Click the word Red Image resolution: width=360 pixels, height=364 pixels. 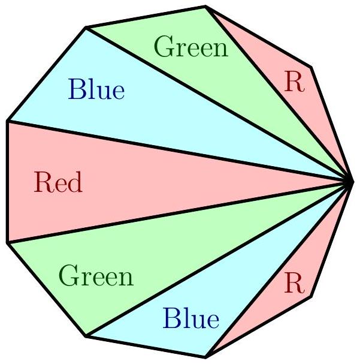(x=58, y=182)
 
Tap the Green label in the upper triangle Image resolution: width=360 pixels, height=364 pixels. (x=191, y=47)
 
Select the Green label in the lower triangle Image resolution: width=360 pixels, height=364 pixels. (x=96, y=277)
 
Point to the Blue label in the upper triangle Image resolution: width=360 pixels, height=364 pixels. (x=96, y=91)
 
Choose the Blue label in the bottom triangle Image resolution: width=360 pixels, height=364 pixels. (x=190, y=318)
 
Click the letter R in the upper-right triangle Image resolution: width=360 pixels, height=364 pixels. (x=294, y=83)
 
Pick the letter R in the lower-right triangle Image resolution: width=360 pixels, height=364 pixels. (x=294, y=282)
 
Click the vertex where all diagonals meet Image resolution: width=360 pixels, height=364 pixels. (x=352, y=182)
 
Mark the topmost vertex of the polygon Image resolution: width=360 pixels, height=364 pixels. (x=206, y=7)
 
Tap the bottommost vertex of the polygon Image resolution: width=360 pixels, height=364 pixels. (x=206, y=357)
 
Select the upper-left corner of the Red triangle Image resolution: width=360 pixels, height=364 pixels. (x=8, y=121)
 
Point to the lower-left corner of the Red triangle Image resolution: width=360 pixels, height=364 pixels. (x=8, y=242)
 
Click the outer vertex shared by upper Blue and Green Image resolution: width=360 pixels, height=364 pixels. (x=87, y=27)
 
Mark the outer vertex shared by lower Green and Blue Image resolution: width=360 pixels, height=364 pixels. (x=87, y=336)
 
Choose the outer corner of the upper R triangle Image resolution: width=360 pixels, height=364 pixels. (x=310, y=67)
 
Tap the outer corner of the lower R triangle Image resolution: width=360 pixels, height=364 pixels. (x=310, y=296)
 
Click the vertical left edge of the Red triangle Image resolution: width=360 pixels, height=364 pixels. (x=8, y=182)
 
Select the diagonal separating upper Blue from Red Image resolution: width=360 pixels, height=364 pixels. (x=180, y=152)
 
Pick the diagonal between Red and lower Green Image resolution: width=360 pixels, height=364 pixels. (x=180, y=212)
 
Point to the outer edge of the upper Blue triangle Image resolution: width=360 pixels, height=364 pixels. (x=47, y=74)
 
